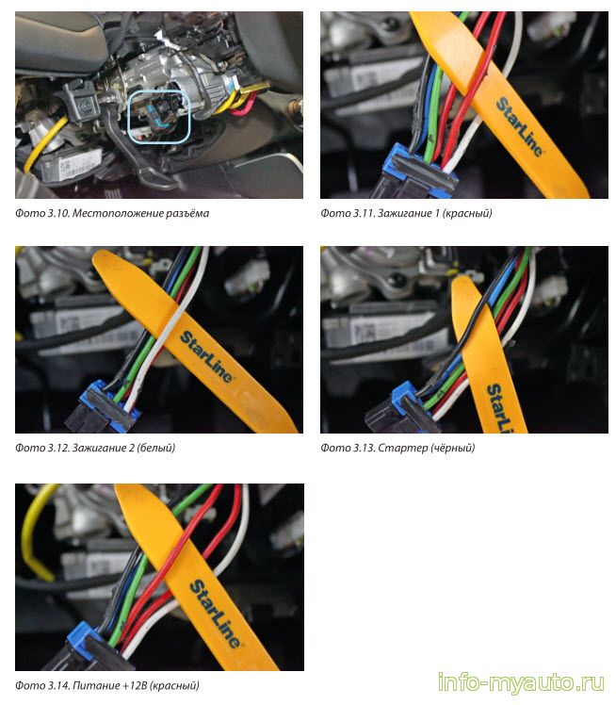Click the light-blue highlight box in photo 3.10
coord(128,117)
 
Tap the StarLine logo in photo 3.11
coord(519,126)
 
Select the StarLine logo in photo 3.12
coord(205,356)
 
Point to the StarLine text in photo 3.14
coord(215,614)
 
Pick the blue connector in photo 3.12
coord(107,403)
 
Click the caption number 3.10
coord(58,213)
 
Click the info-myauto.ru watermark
coord(521,682)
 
